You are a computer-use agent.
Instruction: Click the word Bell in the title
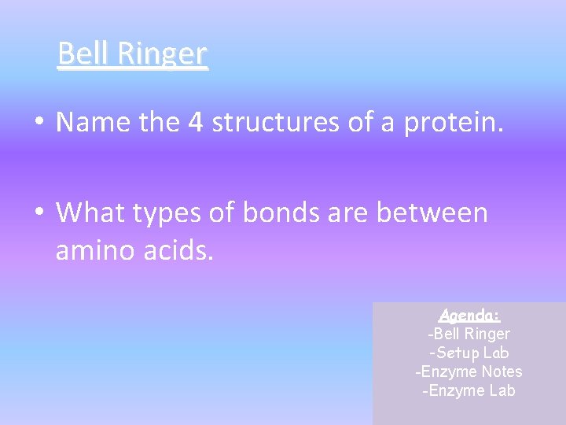(x=84, y=54)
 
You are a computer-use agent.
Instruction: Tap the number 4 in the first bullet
(x=196, y=122)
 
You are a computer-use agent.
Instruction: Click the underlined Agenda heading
(x=469, y=315)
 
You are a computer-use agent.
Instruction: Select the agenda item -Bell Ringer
(x=469, y=334)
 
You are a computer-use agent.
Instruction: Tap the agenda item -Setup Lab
(x=469, y=353)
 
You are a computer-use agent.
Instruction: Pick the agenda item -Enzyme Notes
(x=469, y=371)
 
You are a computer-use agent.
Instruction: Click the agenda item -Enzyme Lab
(x=469, y=390)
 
